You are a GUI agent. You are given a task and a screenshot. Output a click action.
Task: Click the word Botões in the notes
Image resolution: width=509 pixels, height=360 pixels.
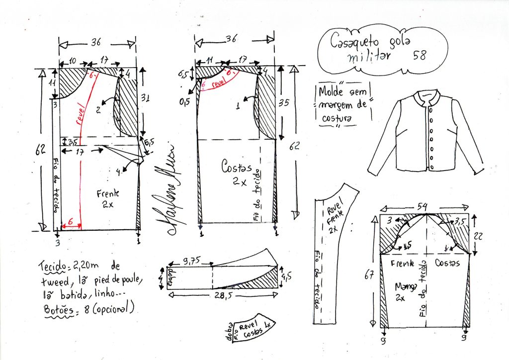click(54, 308)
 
